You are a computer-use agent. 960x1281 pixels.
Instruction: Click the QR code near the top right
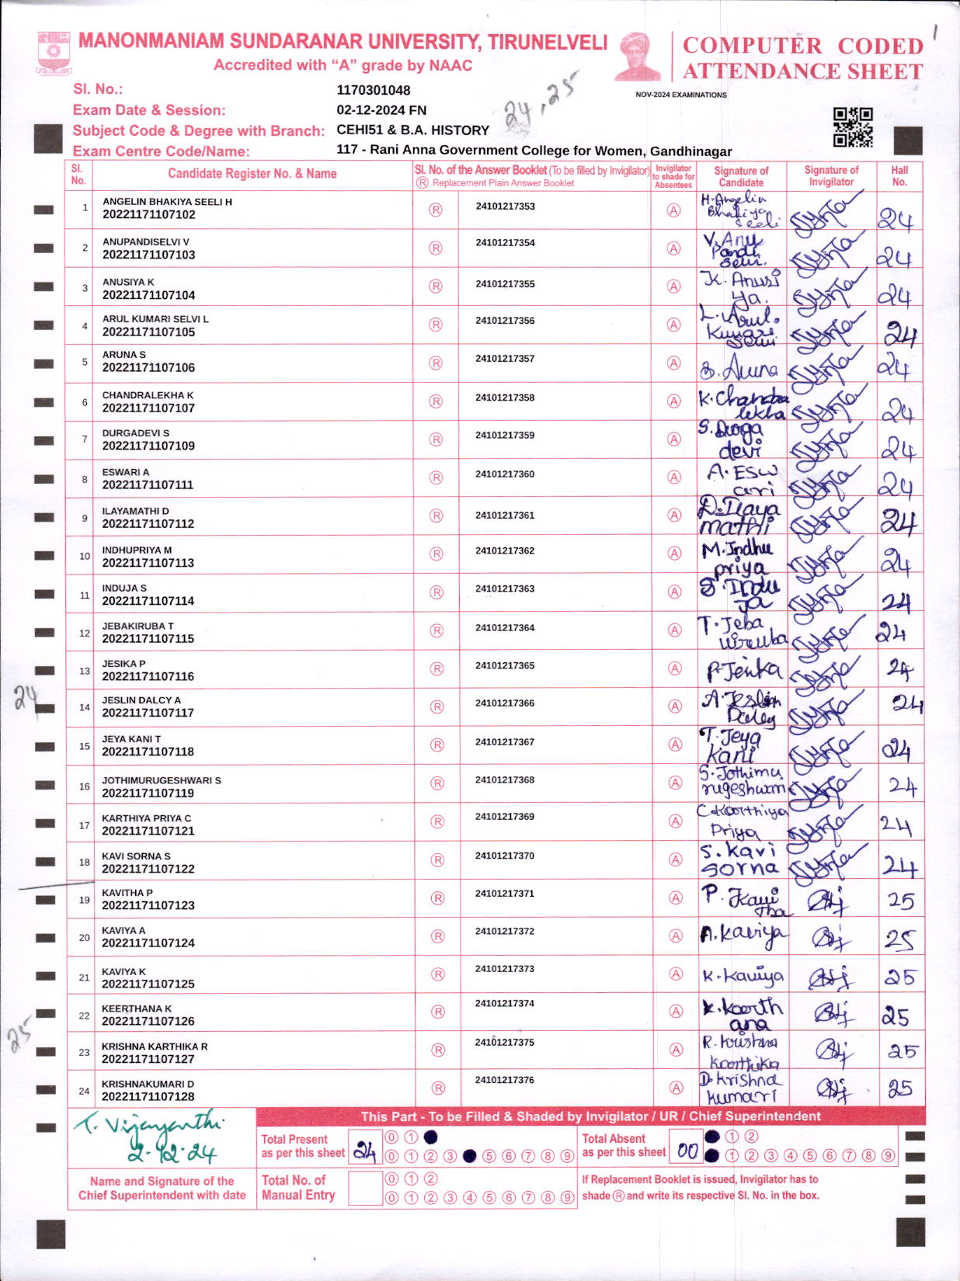coord(852,127)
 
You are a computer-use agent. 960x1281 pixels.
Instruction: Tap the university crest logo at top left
coord(54,53)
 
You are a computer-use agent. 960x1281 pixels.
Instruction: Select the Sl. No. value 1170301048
coord(373,90)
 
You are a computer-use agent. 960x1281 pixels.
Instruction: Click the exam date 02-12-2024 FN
coord(381,110)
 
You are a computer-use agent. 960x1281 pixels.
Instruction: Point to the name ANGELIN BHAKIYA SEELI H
coord(167,202)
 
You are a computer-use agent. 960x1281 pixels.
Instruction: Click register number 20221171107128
coord(148,1096)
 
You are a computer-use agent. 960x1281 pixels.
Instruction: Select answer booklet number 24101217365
coord(505,665)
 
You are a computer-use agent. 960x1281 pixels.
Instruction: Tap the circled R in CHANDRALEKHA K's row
coord(436,401)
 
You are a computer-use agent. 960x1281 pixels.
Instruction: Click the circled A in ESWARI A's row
coord(674,477)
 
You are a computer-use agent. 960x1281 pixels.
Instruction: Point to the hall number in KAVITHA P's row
coord(901,901)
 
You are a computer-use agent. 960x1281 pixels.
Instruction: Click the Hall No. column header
coord(899,175)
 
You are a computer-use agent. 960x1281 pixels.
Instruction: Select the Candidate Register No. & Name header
coord(252,174)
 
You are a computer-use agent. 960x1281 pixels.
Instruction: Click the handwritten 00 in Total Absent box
coord(687,1151)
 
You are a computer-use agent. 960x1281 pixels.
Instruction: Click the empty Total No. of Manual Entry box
coord(364,1188)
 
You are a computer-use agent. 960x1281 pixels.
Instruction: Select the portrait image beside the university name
coord(637,56)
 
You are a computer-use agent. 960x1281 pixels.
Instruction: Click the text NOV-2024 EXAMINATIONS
coord(681,95)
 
